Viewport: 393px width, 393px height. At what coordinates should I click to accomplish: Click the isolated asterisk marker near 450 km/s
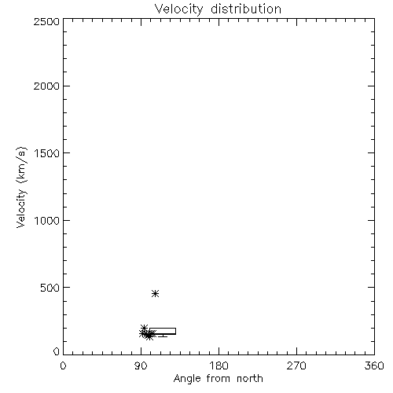pos(155,293)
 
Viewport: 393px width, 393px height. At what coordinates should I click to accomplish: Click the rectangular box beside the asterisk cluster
pos(163,329)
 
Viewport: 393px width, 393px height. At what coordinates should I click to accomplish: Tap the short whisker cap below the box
pos(163,336)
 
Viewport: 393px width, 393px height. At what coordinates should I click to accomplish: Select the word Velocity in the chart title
pos(178,9)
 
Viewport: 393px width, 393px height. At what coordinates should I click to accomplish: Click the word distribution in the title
pos(246,9)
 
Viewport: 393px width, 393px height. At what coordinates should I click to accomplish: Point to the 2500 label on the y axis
pos(46,21)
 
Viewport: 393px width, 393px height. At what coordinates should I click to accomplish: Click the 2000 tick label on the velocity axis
pos(46,86)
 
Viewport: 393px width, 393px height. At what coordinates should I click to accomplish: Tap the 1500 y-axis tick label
pos(47,153)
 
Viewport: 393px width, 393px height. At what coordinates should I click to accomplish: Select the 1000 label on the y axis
pos(47,220)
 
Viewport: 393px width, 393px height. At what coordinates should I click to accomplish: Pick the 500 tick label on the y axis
pos(50,288)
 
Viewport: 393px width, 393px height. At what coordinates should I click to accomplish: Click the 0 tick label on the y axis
pos(57,351)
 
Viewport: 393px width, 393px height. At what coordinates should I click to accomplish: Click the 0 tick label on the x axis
pos(63,365)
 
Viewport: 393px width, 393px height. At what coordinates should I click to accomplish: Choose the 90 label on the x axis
pos(141,365)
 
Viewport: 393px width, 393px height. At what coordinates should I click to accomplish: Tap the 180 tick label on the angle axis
pos(219,365)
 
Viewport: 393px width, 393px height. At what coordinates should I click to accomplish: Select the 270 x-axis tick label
pos(296,365)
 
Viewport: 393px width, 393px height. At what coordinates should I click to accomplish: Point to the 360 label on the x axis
pos(374,365)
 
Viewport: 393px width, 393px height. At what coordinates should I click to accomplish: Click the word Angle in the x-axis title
pos(187,380)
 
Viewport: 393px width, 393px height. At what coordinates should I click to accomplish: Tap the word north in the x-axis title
pos(250,379)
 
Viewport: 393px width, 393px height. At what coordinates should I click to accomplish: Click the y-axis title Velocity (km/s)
pos(21,187)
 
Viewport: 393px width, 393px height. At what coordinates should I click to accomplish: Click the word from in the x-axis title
pos(219,379)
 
